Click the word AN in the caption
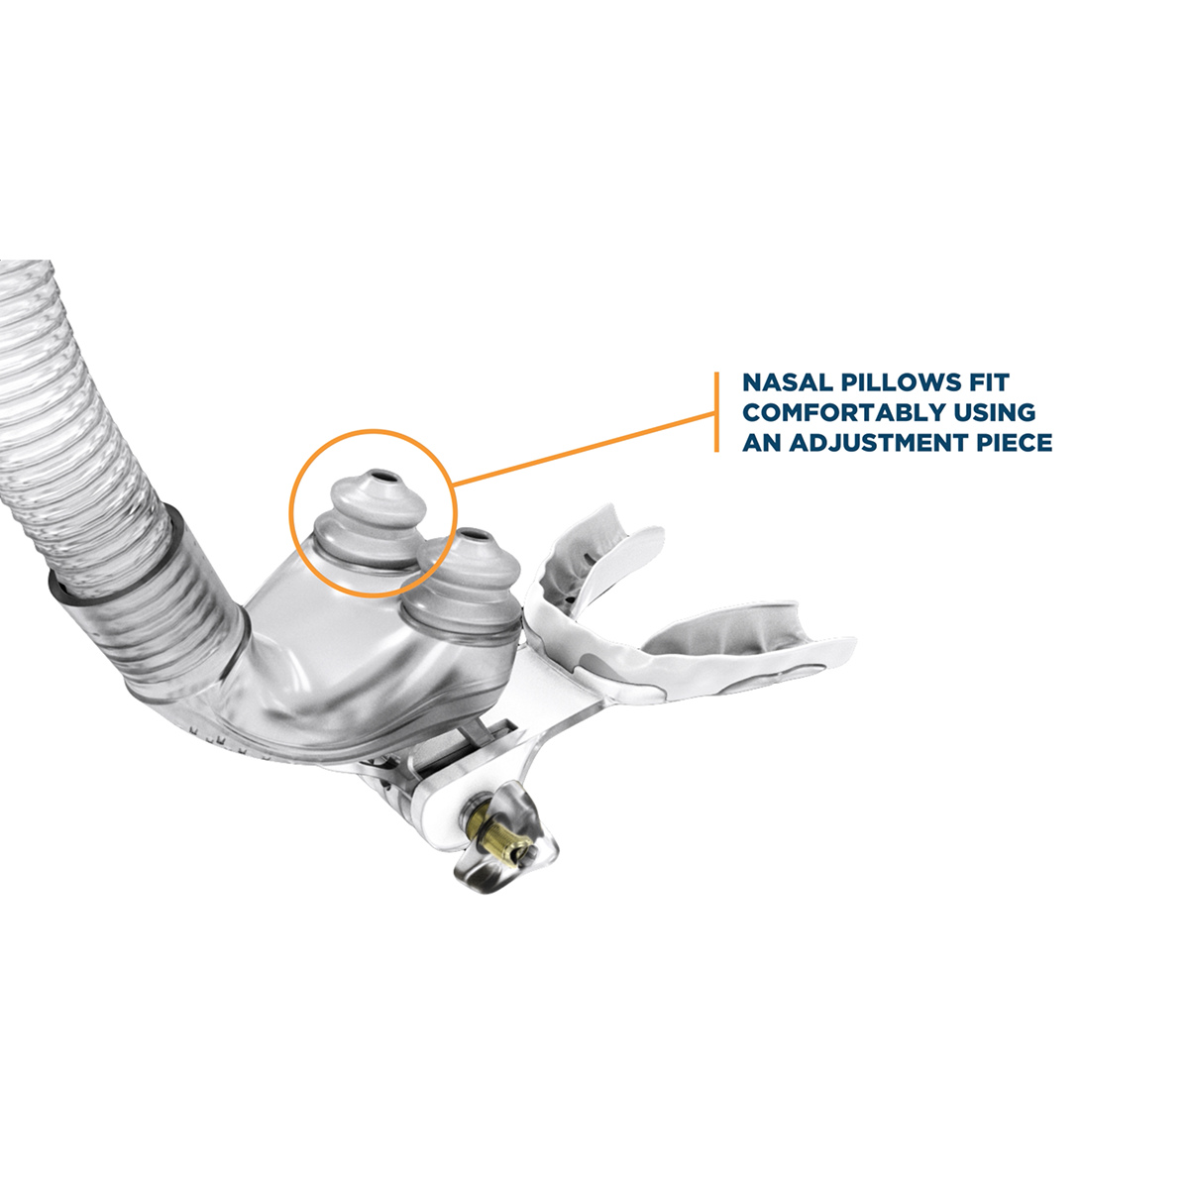point(760,442)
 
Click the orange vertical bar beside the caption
point(716,412)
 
